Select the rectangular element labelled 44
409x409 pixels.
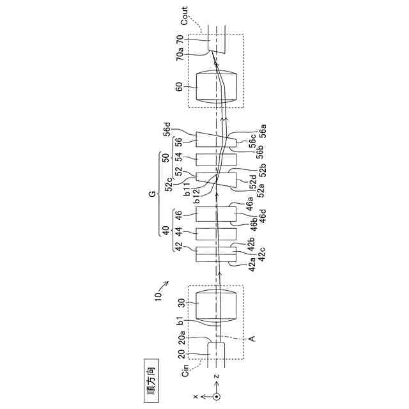[x=215, y=235]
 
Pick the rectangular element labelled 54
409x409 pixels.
[x=215, y=159]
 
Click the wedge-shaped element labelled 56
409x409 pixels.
[x=215, y=139]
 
